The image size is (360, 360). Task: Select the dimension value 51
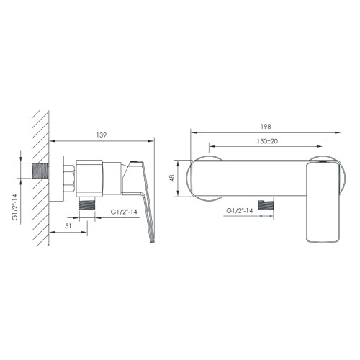[68, 225]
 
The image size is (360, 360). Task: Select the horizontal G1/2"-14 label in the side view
[126, 211]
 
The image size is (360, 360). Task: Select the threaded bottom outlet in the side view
[88, 204]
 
